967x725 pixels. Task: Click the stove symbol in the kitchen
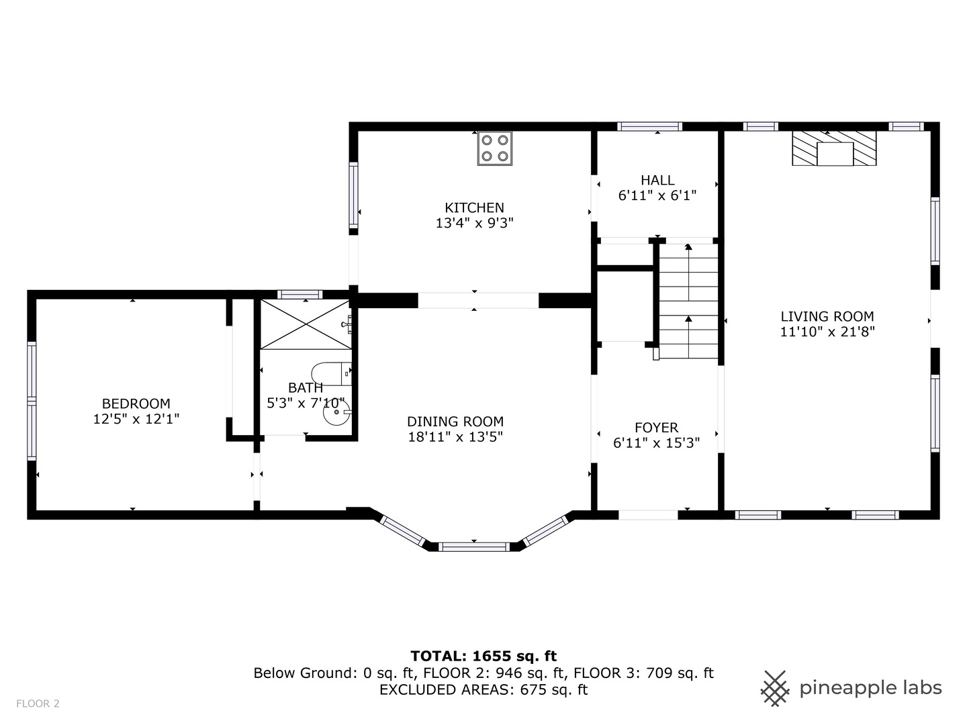[495, 148]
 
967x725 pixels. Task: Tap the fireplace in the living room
[834, 148]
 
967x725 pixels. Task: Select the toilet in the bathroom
[331, 374]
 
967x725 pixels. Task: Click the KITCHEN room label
[474, 207]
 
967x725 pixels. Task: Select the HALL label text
[657, 180]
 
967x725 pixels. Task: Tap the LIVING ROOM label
[827, 316]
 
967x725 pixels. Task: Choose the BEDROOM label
[136, 403]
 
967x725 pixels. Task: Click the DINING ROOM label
[455, 422]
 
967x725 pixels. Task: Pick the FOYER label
[656, 428]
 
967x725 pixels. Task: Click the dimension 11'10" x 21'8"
[827, 332]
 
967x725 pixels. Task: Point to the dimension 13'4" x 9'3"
[475, 223]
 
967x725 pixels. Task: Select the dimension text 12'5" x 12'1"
[136, 419]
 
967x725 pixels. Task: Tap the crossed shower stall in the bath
[306, 324]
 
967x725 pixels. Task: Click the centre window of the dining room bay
[474, 546]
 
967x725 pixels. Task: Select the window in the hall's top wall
[649, 127]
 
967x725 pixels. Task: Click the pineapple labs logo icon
[775, 689]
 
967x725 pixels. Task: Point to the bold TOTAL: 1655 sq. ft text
[483, 657]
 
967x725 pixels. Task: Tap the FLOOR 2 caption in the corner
[38, 704]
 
